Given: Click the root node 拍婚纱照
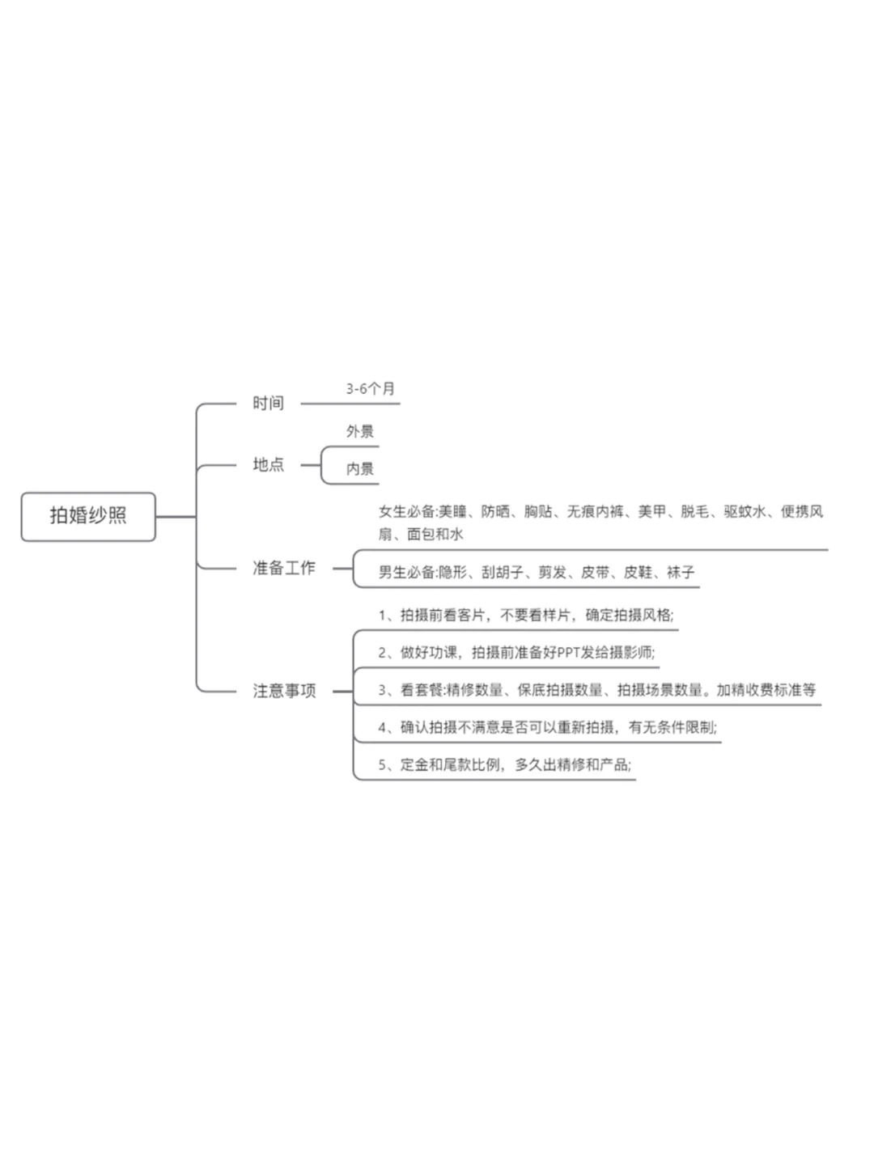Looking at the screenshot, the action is pos(88,516).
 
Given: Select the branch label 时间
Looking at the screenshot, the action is pos(268,404).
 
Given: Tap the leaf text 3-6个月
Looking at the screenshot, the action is pos(370,389).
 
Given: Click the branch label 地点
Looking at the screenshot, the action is pos(268,464).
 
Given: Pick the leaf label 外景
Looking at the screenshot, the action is pos(360,431).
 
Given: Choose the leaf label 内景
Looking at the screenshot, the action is pos(360,469).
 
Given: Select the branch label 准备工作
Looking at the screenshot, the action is pos(284,568).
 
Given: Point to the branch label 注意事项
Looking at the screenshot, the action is pos(284,691).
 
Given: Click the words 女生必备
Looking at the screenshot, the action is pos(407,511).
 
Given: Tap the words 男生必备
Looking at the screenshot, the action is pos(407,572).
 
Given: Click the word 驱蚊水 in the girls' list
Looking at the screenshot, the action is pos(745,511).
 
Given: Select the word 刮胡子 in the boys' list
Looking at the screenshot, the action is pos(503,572).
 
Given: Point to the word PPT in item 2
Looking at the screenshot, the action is pos(569,652).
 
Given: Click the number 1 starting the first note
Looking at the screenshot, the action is pos(382,615).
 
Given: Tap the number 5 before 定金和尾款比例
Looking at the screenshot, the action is pos(382,764).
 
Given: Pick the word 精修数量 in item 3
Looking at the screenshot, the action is pos(474,690).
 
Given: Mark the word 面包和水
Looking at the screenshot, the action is pos(435,534).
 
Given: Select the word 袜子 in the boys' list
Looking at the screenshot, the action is pos(681,572).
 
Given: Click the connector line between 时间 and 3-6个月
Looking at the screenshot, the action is pos(350,404).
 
